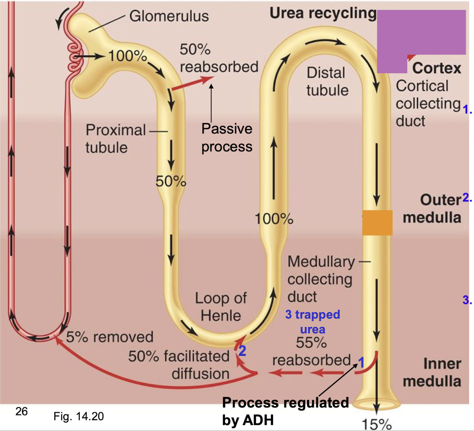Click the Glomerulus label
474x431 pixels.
[169, 16]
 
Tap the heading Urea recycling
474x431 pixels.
[323, 13]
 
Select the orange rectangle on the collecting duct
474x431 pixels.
[377, 222]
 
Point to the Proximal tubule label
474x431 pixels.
[115, 139]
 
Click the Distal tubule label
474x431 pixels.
[327, 82]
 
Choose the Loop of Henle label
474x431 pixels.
[221, 307]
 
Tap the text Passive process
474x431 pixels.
[227, 138]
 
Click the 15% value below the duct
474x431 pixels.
[376, 424]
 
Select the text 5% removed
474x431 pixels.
[110, 337]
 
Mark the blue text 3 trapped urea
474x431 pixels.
[312, 321]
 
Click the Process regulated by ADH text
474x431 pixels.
[285, 411]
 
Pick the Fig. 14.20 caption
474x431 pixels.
[78, 417]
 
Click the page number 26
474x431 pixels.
[22, 411]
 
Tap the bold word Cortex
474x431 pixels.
[436, 68]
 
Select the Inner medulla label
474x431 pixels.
[432, 372]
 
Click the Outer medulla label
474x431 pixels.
[432, 209]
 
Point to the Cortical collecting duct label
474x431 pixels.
[428, 103]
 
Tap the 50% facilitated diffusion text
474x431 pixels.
[179, 365]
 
